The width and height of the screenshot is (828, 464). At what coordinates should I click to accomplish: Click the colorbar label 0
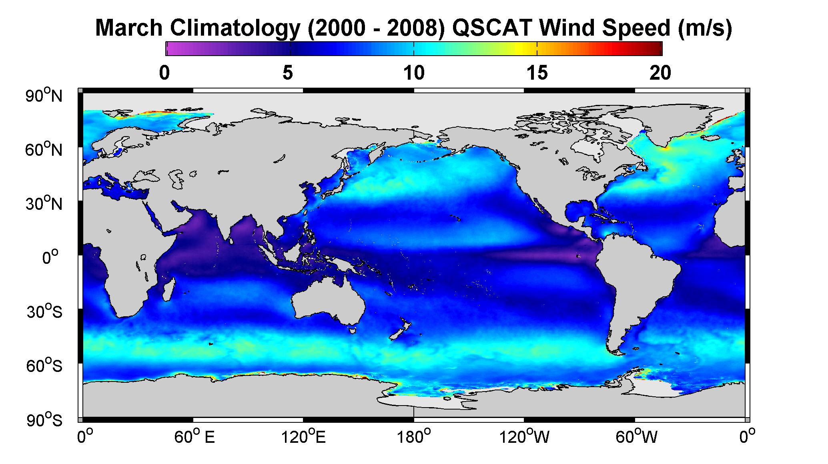(164, 73)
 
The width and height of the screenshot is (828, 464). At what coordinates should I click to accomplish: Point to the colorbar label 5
(288, 73)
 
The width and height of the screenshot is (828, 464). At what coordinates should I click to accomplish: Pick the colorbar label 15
(537, 73)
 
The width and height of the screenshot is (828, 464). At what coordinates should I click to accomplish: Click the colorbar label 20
(660, 73)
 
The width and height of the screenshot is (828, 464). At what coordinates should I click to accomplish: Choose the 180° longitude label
(413, 437)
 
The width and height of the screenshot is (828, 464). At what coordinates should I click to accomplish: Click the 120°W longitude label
(524, 437)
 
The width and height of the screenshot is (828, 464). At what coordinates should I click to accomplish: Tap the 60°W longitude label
(636, 437)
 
